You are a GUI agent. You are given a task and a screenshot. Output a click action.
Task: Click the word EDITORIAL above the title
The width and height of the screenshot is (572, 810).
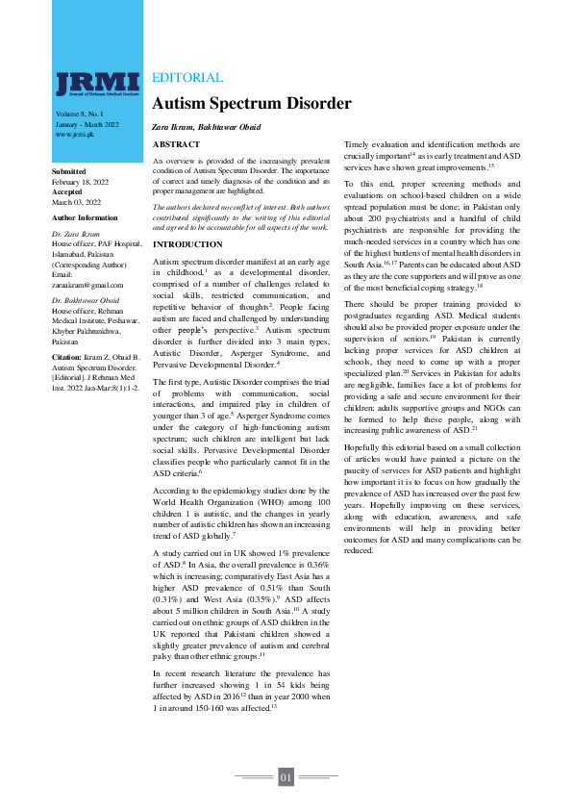click(x=187, y=78)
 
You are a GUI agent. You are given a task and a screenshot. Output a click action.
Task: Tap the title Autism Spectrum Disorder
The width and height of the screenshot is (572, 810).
click(x=252, y=104)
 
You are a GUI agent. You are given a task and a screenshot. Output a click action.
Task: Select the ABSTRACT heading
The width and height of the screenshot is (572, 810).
click(x=177, y=144)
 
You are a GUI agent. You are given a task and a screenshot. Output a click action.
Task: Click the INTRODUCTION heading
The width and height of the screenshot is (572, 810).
click(x=188, y=245)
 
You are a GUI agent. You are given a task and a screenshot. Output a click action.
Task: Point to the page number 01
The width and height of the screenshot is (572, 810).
click(x=286, y=776)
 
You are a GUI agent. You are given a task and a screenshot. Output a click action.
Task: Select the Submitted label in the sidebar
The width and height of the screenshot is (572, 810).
click(x=68, y=171)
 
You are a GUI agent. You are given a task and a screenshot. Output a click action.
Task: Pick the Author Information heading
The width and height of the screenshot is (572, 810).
click(x=85, y=219)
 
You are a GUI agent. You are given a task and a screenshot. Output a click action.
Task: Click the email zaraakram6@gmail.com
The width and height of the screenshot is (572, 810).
click(x=87, y=286)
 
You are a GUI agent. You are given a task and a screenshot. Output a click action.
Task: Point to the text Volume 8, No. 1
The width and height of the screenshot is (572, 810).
click(x=81, y=114)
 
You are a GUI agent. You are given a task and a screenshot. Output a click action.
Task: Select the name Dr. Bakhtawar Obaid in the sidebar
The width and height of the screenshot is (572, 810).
click(x=85, y=303)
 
